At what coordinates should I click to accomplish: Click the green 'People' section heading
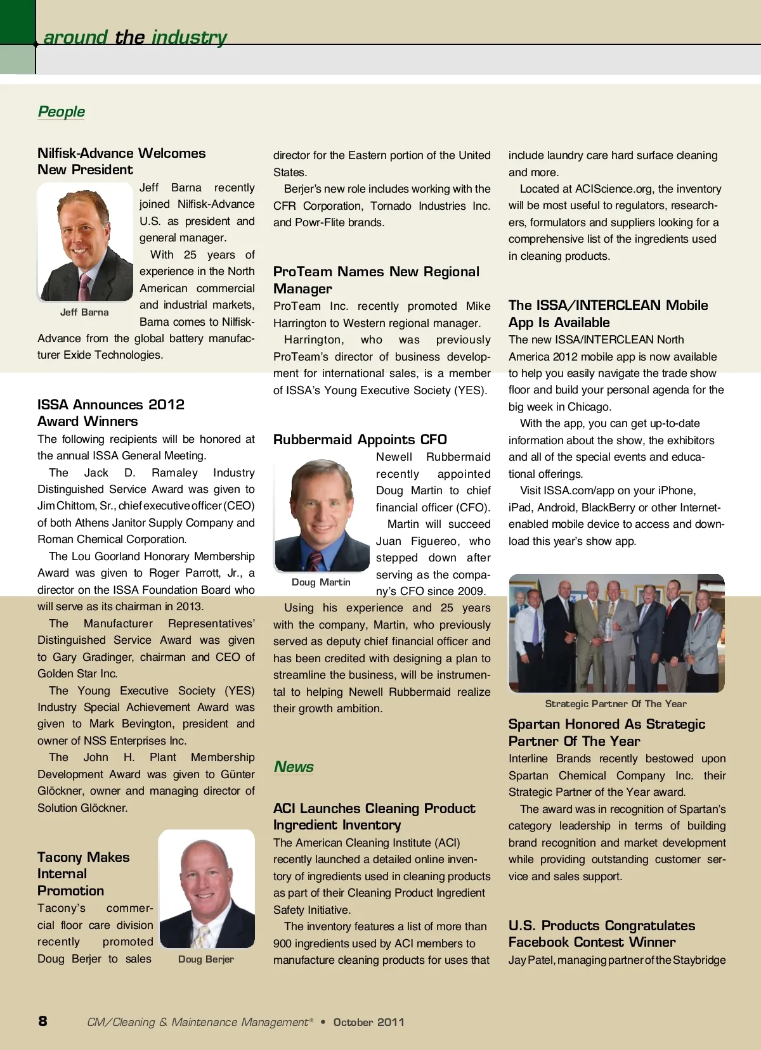(x=62, y=112)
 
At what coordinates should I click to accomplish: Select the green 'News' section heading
(x=294, y=767)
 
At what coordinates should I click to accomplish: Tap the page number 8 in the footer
(x=42, y=1021)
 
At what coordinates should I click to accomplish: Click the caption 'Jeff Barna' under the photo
(x=84, y=312)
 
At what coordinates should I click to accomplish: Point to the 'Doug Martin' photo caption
(x=321, y=582)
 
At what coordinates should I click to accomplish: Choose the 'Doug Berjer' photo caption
(x=206, y=959)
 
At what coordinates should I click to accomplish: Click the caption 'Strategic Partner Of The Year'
(x=616, y=704)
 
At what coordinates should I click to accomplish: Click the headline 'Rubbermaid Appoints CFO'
(x=360, y=440)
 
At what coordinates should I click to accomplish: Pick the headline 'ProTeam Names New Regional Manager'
(x=376, y=280)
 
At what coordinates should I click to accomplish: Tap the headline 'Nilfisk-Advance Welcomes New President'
(x=121, y=162)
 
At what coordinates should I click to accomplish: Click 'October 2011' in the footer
(x=368, y=1022)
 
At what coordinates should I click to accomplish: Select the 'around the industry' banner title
(x=135, y=37)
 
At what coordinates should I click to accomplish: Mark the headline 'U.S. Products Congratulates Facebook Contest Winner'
(x=601, y=934)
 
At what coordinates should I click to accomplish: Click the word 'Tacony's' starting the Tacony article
(x=61, y=908)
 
